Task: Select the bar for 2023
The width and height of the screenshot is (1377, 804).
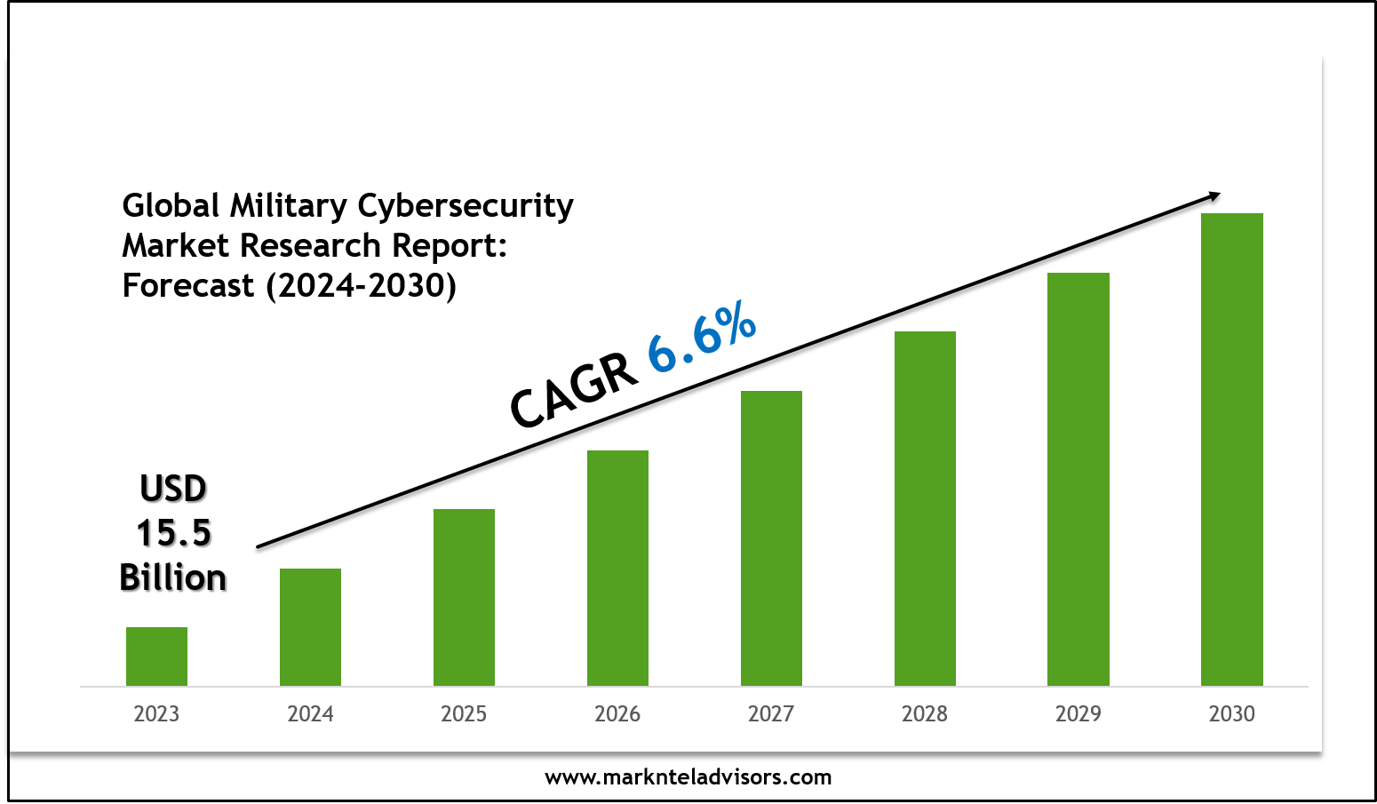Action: point(156,657)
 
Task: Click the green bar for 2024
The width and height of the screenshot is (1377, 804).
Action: point(310,627)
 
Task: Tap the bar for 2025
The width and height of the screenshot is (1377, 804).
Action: point(464,597)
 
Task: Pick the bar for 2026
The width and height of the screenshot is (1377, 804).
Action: point(617,568)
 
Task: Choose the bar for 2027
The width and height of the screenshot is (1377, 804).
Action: point(771,538)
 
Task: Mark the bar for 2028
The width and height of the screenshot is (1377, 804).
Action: point(925,508)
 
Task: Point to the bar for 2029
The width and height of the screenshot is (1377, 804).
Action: point(1079,479)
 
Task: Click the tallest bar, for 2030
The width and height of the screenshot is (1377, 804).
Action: point(1232,450)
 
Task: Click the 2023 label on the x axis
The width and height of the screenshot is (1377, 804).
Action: point(156,714)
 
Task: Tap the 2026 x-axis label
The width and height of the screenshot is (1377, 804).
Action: point(617,714)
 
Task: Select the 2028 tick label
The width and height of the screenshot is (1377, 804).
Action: point(925,714)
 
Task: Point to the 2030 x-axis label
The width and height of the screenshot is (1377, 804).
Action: point(1232,714)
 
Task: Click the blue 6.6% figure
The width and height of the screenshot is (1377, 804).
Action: point(702,338)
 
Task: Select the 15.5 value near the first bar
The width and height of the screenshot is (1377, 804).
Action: point(173,533)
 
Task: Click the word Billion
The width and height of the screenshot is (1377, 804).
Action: point(173,578)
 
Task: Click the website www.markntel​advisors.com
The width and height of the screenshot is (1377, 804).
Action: point(688,777)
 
